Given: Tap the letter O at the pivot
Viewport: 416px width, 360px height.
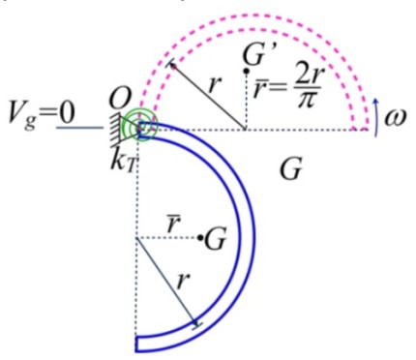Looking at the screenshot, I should click(121, 98).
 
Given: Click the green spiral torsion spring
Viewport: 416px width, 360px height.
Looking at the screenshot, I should click(141, 126).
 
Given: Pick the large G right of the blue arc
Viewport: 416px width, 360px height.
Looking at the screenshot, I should click(290, 170).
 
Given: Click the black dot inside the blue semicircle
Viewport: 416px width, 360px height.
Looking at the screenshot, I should click(199, 237).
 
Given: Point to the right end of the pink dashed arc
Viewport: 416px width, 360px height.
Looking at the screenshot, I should click(362, 126).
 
